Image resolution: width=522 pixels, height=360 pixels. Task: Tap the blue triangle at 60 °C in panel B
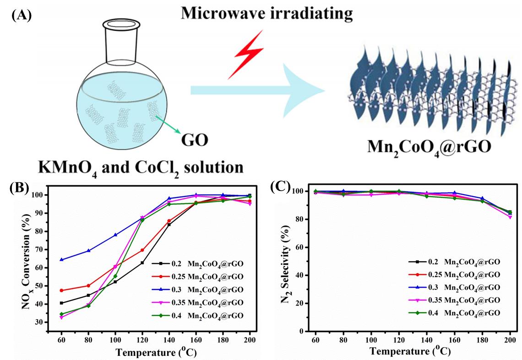[x=62, y=260]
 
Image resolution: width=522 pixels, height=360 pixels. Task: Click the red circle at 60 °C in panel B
[x=62, y=290]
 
